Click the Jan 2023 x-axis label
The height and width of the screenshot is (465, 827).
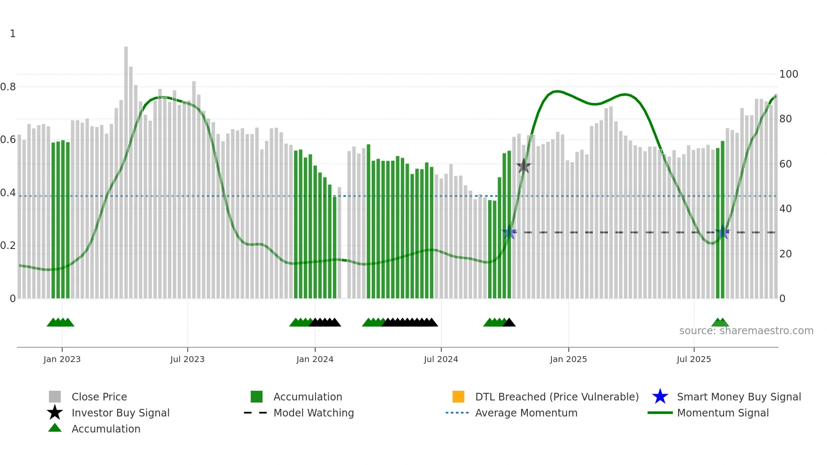(x=62, y=359)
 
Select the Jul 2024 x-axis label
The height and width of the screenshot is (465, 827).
(x=441, y=359)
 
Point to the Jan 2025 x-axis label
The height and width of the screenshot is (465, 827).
(x=568, y=359)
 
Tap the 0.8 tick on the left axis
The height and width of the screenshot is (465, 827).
(x=8, y=87)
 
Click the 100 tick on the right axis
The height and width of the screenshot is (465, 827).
(x=789, y=74)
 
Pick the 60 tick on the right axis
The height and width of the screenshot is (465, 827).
(x=785, y=164)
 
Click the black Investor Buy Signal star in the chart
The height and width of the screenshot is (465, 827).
(x=524, y=166)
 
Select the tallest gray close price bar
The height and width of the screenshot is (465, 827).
(x=126, y=169)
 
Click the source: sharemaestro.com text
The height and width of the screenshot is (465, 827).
(x=746, y=331)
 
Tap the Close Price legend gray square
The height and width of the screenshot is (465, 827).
(x=55, y=397)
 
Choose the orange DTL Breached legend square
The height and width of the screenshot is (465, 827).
(x=458, y=397)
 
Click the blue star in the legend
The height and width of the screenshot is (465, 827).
(x=660, y=397)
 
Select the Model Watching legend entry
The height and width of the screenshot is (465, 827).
(x=314, y=413)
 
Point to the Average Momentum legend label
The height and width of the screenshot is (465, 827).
(x=526, y=413)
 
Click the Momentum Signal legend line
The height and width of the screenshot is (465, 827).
(x=660, y=413)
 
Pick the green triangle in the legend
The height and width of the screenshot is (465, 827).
(x=55, y=428)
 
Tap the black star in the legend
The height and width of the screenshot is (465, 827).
(x=55, y=413)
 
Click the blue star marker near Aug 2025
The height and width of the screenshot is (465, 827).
(x=722, y=232)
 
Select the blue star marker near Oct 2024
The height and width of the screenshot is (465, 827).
(x=509, y=232)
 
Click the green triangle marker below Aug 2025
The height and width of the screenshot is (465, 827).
(x=720, y=323)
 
